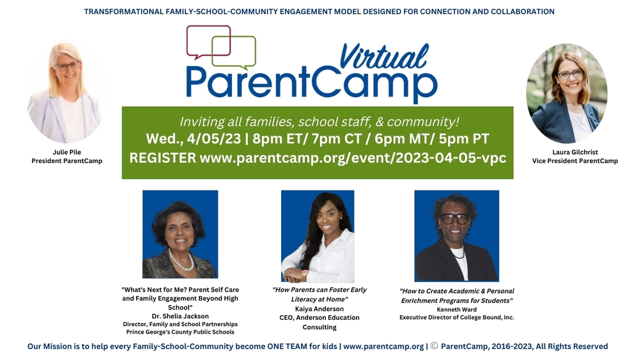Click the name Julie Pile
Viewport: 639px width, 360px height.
coord(66,152)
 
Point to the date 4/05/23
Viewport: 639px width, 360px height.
coord(227,139)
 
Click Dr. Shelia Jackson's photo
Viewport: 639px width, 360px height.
coord(179,234)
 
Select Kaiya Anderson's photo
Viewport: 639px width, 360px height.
coord(318,236)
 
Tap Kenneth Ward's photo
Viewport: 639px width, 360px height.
coord(456,236)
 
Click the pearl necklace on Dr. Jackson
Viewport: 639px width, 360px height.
coord(181,261)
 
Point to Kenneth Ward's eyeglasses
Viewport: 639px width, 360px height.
coord(454,218)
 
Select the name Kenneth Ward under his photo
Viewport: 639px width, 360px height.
coord(456,309)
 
